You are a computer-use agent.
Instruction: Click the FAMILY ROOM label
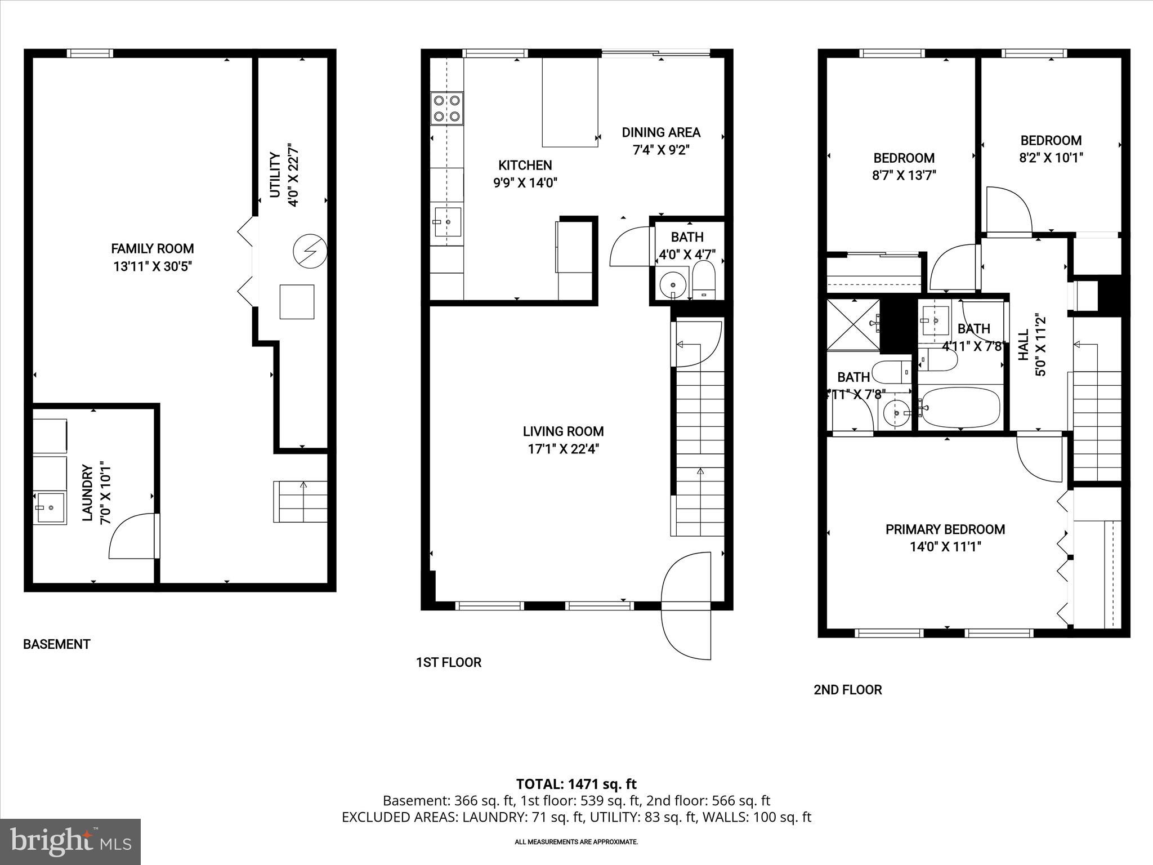point(152,248)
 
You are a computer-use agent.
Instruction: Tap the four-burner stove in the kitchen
point(447,108)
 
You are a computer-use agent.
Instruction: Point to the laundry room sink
point(49,508)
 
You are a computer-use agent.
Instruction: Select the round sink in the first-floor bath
point(672,284)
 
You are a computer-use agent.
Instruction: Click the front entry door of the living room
point(687,605)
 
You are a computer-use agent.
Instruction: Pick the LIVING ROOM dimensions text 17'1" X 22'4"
point(563,449)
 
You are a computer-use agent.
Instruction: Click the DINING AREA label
point(661,132)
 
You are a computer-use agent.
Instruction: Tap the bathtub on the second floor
point(960,407)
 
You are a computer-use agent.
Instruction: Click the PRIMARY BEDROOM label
point(945,529)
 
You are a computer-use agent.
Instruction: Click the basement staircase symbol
point(301,501)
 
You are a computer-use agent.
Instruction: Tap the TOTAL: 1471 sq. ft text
point(576,784)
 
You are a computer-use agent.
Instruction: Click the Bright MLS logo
point(70,841)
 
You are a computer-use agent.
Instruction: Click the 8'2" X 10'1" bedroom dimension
point(1051,158)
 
